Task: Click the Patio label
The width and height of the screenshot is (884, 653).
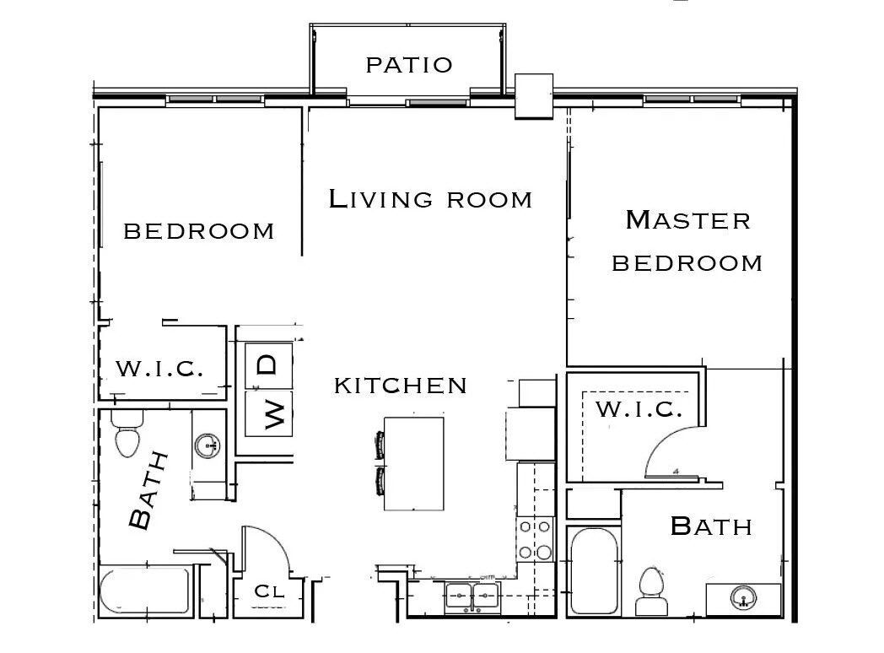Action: [x=409, y=65]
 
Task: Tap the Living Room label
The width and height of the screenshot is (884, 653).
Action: [x=430, y=199]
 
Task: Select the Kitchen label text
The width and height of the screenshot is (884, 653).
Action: [x=401, y=386]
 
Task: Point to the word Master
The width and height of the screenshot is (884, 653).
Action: [x=687, y=220]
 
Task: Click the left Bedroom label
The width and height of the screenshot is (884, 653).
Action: [x=199, y=230]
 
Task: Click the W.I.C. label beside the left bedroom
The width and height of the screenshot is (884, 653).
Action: [x=159, y=369]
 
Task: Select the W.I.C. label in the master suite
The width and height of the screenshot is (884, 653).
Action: [x=639, y=410]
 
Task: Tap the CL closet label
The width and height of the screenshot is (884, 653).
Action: [x=269, y=591]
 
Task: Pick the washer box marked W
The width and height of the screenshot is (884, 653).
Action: [x=268, y=414]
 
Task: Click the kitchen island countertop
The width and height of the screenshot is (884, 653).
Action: [x=413, y=464]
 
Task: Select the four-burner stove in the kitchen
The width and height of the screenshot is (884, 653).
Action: [x=535, y=540]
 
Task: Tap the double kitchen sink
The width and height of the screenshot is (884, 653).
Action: [x=472, y=595]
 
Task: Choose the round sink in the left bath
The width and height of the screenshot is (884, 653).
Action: [x=207, y=445]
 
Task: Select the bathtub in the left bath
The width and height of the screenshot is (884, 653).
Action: [x=145, y=594]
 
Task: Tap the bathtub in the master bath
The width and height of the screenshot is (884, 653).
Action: [x=594, y=573]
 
